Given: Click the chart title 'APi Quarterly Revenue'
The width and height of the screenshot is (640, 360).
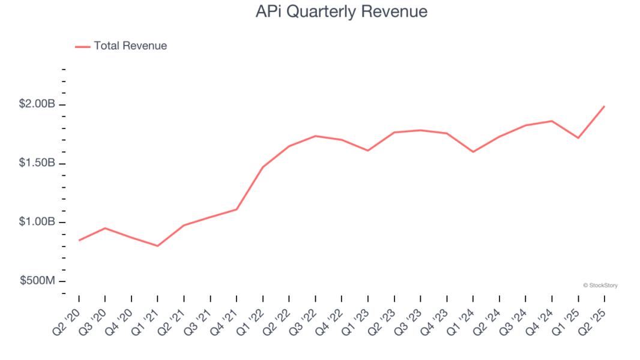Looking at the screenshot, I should point(341,11).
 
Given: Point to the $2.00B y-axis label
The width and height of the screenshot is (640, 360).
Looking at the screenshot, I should point(37,104).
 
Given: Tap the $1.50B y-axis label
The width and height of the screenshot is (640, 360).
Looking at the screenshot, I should point(37,163).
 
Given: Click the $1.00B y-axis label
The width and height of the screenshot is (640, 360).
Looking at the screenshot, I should point(37,222).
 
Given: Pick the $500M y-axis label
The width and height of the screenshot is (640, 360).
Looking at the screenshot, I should point(37,281).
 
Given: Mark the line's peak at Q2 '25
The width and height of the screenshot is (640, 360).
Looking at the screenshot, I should point(604,106).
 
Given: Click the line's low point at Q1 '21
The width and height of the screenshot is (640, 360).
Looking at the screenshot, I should point(157,246).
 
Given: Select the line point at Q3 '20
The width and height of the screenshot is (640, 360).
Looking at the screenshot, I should point(105,228).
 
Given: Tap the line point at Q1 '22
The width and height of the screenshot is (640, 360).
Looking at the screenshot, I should point(262,167).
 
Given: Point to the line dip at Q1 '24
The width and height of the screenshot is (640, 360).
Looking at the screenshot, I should point(473,152).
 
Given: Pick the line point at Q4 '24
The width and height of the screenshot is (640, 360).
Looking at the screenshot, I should point(552,121).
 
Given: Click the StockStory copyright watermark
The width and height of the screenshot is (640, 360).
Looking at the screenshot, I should point(600,286).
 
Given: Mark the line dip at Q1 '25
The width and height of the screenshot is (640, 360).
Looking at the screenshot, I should point(578,138).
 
